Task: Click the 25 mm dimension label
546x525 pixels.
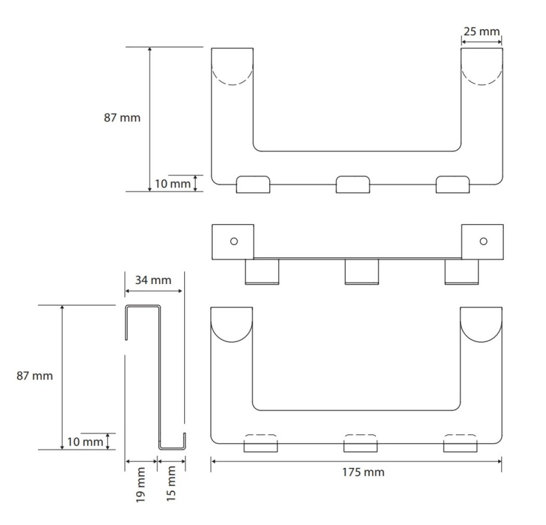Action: click(482, 31)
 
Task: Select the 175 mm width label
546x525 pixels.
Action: click(363, 472)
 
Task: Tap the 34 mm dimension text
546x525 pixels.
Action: click(153, 280)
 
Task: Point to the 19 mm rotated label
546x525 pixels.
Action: click(140, 484)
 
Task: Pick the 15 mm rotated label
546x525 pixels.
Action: click(171, 483)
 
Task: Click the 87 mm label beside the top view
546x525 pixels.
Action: click(122, 117)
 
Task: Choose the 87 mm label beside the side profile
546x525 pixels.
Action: click(35, 375)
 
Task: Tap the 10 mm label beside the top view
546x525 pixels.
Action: click(173, 184)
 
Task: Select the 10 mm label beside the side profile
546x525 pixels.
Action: click(85, 441)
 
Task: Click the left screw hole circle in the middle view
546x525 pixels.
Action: click(234, 241)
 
